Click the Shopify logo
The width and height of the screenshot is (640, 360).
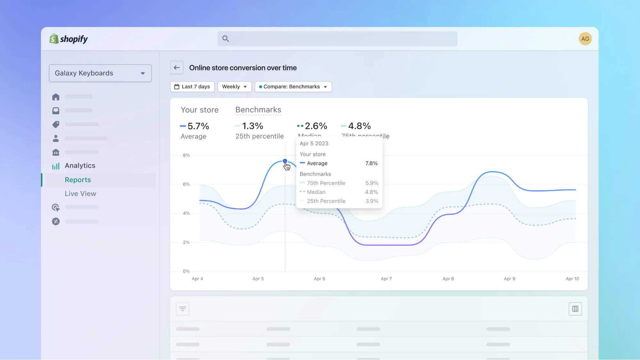69,39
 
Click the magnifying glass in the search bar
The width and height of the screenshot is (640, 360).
226,39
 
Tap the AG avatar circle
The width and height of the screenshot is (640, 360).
585,39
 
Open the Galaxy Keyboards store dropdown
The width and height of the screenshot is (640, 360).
100,73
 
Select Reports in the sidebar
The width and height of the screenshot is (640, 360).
78,180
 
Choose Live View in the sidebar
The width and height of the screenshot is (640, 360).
80,194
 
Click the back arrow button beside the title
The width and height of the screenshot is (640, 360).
177,68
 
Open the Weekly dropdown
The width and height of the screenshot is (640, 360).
234,87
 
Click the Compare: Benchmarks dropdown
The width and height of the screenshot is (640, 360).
293,87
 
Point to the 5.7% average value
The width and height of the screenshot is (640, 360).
198,126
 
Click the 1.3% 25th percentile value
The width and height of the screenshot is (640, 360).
253,126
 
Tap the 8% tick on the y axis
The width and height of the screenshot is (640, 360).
186,155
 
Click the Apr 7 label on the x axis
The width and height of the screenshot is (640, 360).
386,279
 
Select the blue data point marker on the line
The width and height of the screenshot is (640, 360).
285,161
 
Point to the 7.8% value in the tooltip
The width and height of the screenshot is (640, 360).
371,163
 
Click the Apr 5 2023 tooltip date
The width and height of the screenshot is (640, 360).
314,144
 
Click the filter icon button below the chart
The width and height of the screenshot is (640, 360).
182,309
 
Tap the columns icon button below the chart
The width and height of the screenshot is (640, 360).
575,309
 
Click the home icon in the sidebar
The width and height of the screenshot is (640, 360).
56,97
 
